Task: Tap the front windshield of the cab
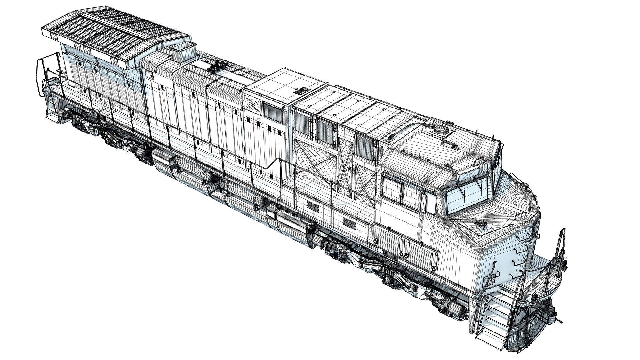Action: [467, 194]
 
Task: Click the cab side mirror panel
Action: [429, 203]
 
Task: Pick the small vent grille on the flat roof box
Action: [301, 91]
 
